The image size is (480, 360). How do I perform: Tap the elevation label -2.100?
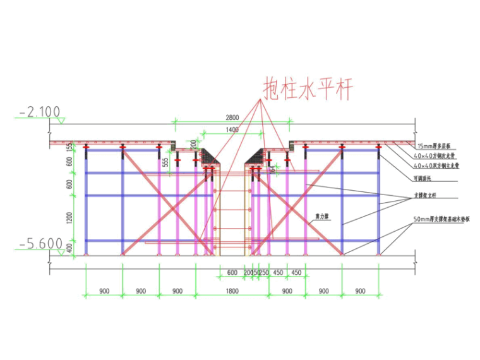(40, 112)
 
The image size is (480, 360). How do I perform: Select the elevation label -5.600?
(40, 243)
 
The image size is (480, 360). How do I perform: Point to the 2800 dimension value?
(232, 117)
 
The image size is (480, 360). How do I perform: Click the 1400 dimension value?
(231, 129)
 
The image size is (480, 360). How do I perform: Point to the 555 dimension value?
(165, 162)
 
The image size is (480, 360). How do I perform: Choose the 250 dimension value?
(264, 272)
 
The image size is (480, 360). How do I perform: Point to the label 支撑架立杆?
(428, 196)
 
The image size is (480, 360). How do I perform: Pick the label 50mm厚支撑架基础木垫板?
(442, 219)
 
